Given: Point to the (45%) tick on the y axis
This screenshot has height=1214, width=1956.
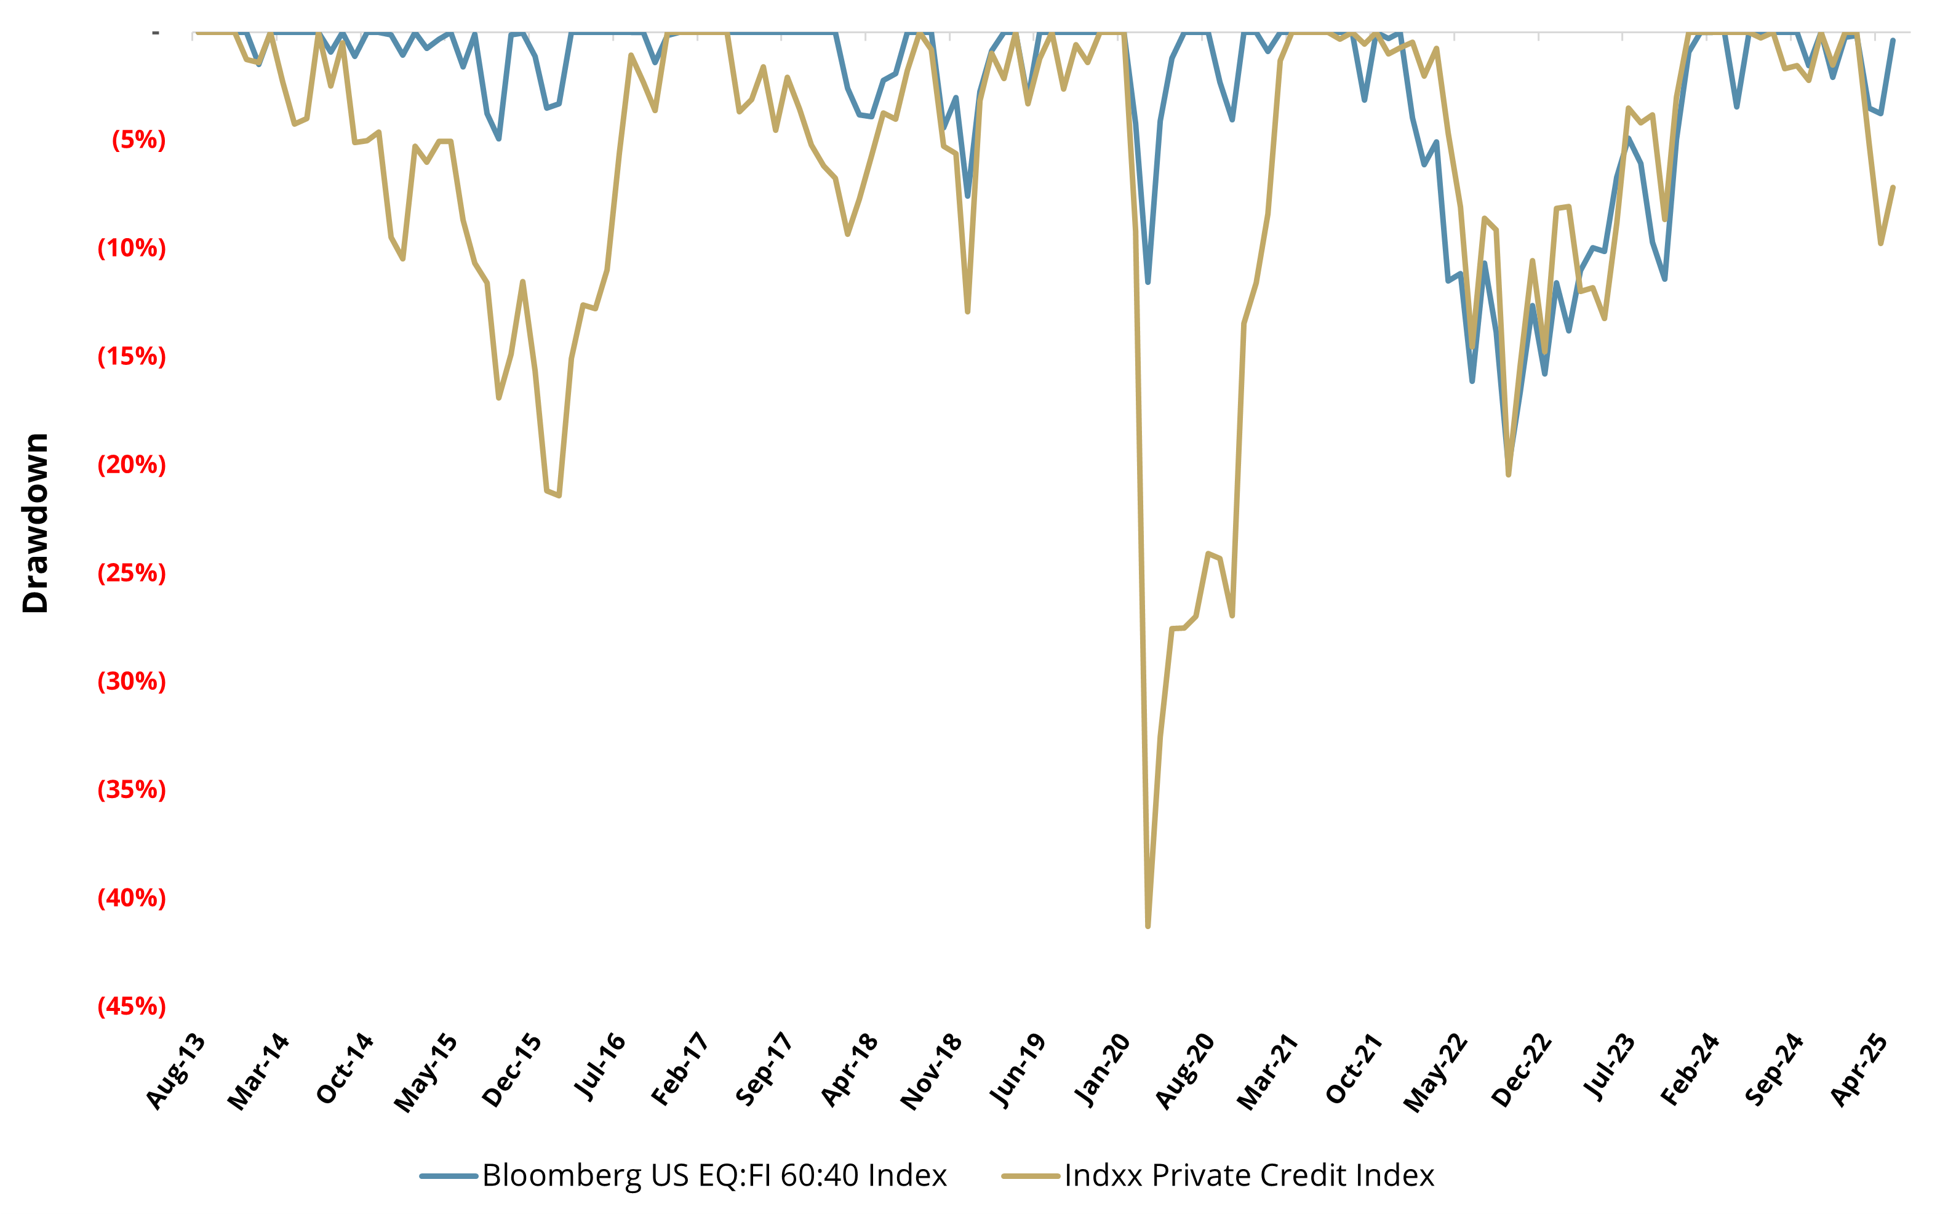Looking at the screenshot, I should (132, 1006).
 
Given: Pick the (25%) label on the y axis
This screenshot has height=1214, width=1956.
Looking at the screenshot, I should (132, 573).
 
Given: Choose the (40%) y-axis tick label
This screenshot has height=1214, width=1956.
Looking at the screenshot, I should (132, 898).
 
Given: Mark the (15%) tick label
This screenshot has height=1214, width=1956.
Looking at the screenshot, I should (132, 356).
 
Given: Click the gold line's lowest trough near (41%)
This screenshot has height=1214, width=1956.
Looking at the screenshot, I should (1148, 927).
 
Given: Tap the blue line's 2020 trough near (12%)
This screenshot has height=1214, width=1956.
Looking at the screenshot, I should (1148, 282).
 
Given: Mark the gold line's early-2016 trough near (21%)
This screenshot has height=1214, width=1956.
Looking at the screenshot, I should (559, 495).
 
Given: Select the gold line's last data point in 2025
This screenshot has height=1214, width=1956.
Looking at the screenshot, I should (1893, 187).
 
